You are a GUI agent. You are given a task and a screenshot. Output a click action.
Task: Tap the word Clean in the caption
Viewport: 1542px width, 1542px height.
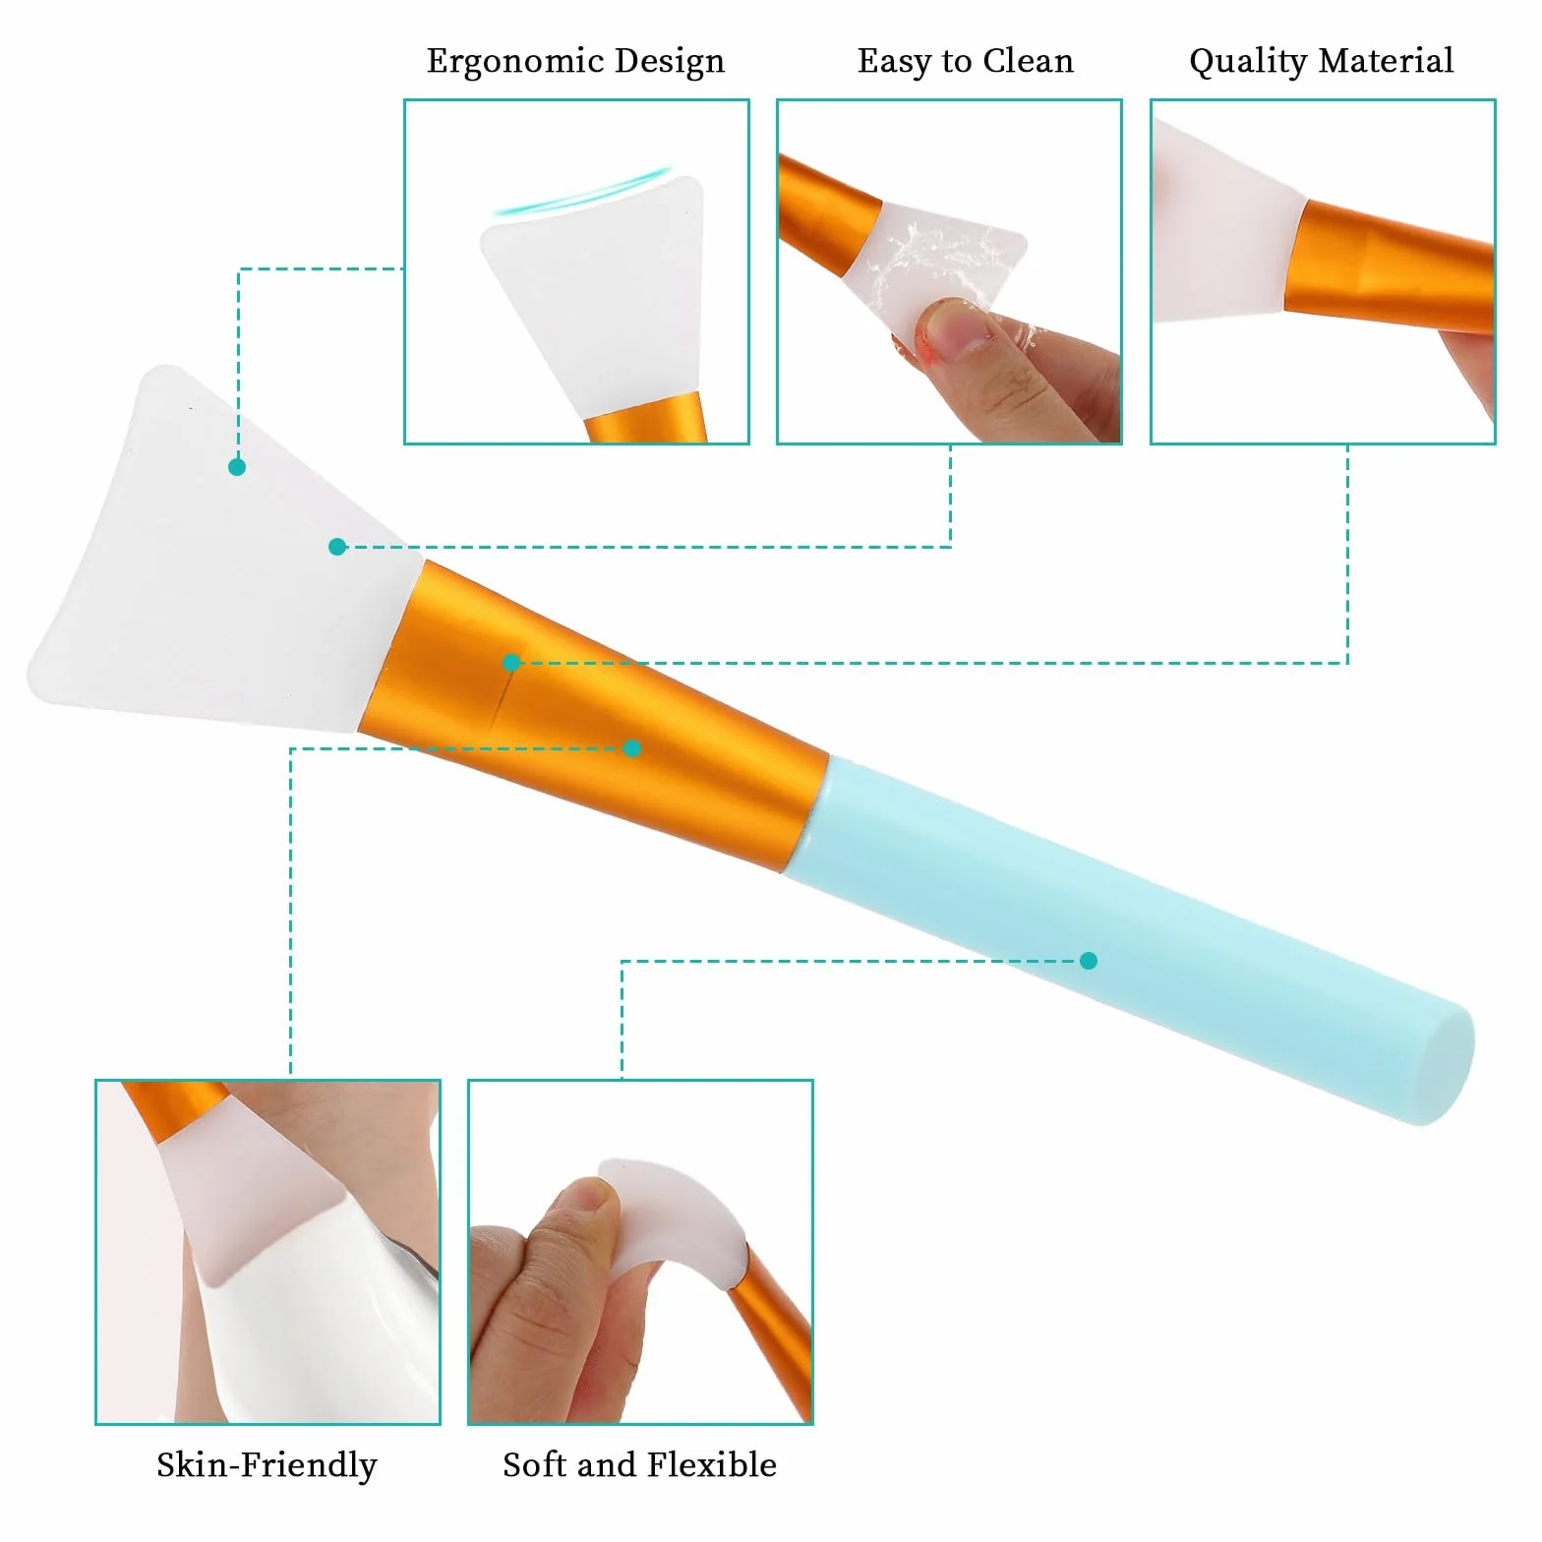[x=1029, y=61]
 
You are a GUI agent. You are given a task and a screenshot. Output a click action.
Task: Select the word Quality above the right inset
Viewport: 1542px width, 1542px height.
[x=1248, y=62]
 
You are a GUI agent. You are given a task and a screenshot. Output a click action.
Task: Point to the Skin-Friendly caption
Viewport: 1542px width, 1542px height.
[x=267, y=1465]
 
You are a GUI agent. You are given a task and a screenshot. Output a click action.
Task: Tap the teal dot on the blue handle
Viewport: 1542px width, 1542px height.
[x=1088, y=961]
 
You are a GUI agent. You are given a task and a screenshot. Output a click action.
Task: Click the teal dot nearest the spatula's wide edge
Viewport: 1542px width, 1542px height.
[x=237, y=467]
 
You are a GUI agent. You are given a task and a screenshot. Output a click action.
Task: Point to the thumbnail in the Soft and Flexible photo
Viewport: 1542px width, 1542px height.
[x=590, y=1198]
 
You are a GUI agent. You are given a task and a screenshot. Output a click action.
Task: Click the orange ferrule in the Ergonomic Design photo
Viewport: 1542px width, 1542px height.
[x=647, y=418]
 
